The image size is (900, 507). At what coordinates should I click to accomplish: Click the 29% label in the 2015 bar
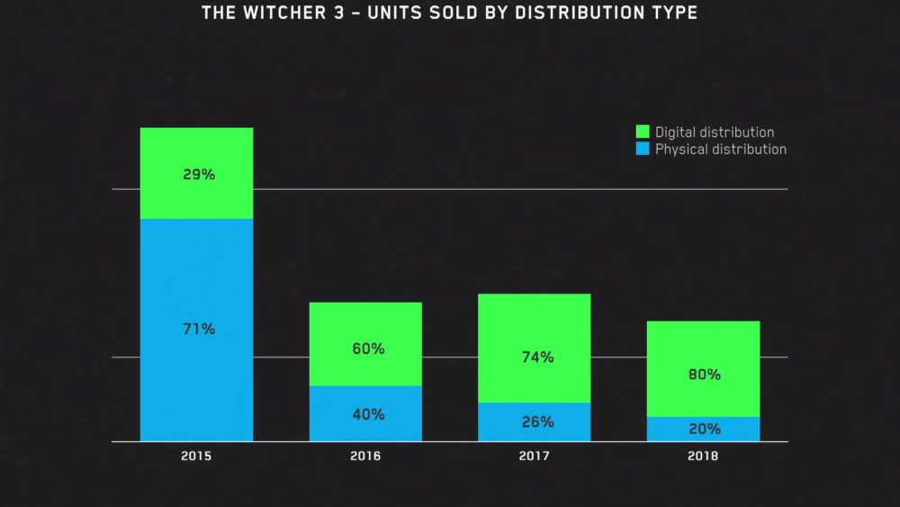(x=199, y=175)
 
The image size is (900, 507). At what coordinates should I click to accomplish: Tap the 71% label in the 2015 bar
(x=199, y=330)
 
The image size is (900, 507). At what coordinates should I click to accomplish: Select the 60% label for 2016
(x=367, y=349)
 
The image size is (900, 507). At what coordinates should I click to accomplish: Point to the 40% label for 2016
(x=367, y=414)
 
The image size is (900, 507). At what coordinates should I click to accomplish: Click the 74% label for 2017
(x=537, y=358)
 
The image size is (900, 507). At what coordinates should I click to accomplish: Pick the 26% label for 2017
(x=537, y=421)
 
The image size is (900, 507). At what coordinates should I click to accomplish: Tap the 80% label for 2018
(x=705, y=375)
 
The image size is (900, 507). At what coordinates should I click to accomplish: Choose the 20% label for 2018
(x=705, y=429)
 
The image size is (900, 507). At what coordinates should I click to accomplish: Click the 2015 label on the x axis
(x=196, y=457)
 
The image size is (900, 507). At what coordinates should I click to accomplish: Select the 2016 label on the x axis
(x=365, y=457)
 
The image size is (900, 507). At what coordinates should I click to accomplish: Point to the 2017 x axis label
(x=535, y=457)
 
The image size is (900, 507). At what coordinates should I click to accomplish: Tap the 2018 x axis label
(x=703, y=457)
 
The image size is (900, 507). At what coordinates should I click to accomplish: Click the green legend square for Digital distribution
(x=643, y=131)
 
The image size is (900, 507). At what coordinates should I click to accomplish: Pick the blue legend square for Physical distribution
(x=643, y=149)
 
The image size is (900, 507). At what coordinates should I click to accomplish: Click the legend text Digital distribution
(x=715, y=132)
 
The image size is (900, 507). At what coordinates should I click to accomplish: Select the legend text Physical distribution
(x=721, y=149)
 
